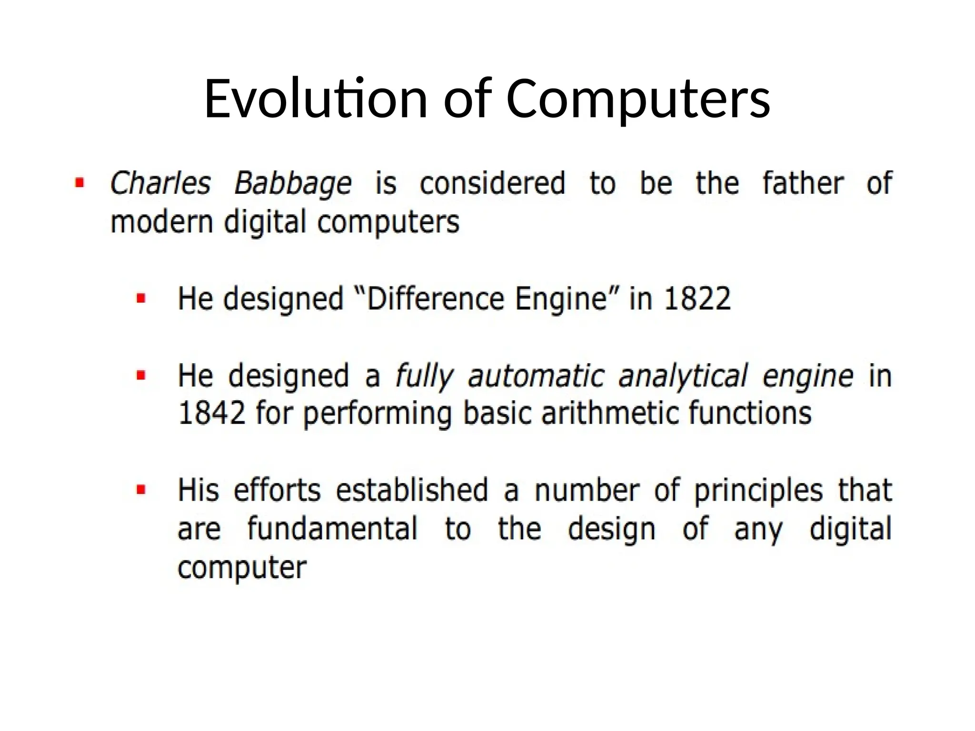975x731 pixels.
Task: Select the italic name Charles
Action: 160,184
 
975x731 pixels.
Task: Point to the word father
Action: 803,183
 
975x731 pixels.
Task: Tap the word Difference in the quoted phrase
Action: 435,299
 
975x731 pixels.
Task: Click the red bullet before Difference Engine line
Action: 141,299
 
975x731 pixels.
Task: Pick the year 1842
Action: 212,413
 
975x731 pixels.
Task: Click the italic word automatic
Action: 536,376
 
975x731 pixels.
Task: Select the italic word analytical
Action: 683,376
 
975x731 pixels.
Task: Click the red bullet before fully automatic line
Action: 141,376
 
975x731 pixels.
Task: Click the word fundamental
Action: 332,529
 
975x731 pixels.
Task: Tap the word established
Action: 412,490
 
